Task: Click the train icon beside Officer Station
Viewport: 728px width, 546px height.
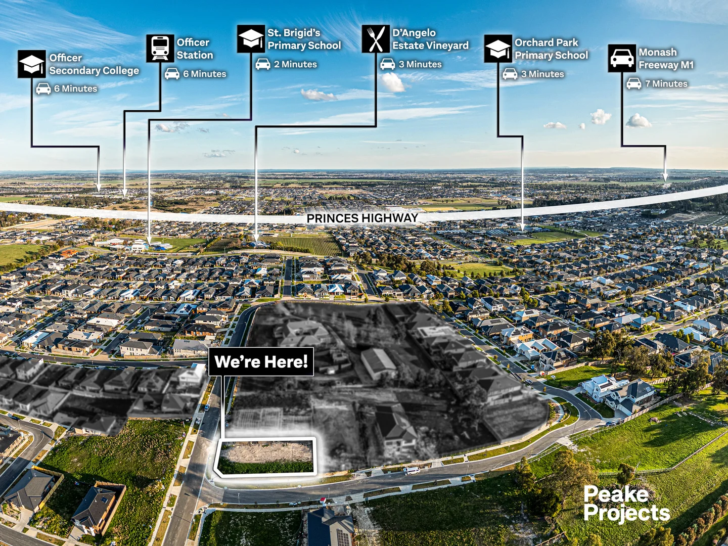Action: click(x=160, y=49)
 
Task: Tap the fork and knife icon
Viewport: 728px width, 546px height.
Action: click(x=376, y=39)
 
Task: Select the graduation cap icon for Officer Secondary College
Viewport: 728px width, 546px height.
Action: click(x=31, y=64)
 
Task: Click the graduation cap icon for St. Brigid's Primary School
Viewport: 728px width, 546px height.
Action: click(x=251, y=39)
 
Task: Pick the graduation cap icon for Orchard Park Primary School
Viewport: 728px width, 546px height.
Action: click(x=498, y=49)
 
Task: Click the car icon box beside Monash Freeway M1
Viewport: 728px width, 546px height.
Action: click(x=622, y=58)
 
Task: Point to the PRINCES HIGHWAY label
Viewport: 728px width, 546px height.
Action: click(x=362, y=218)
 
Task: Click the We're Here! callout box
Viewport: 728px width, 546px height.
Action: click(x=261, y=361)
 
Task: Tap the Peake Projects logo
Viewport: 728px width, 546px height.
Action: click(x=626, y=504)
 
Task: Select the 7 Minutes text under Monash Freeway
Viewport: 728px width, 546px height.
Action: click(x=666, y=84)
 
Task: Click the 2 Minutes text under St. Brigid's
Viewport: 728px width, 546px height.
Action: click(x=295, y=65)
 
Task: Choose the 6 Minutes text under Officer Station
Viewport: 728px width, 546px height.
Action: click(x=204, y=74)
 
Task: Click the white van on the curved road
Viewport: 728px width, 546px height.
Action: click(x=412, y=471)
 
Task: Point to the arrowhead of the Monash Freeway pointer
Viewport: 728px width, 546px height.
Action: click(x=665, y=177)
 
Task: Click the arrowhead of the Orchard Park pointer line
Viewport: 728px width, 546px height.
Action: click(x=522, y=229)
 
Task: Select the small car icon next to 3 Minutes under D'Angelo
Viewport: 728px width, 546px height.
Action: click(x=388, y=64)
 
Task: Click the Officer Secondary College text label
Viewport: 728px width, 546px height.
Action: click(x=94, y=64)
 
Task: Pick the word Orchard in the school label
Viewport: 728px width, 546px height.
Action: click(x=533, y=42)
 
